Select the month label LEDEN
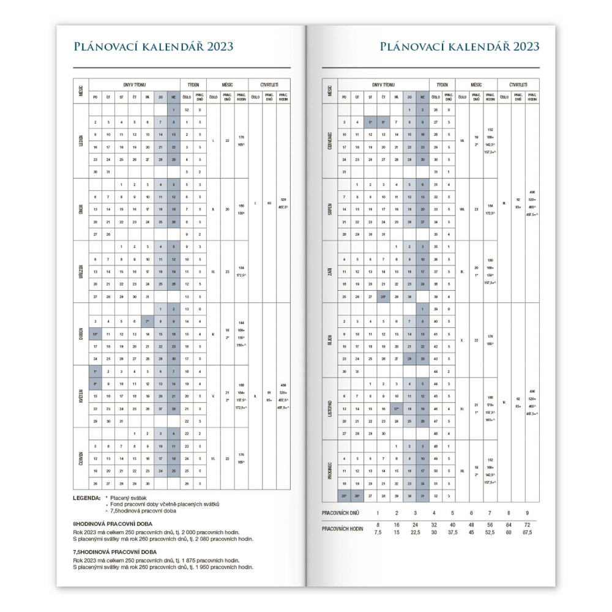[x=81, y=141]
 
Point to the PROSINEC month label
[x=330, y=471]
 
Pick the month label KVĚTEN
[x=81, y=397]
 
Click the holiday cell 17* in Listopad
[x=397, y=408]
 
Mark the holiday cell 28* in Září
[x=382, y=296]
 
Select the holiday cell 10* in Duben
[x=95, y=334]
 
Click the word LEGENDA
[x=86, y=498]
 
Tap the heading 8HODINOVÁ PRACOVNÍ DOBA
[x=113, y=524]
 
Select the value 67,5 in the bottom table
[x=527, y=532]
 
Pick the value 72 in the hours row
[x=527, y=525]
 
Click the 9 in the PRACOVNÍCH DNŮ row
[x=527, y=512]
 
